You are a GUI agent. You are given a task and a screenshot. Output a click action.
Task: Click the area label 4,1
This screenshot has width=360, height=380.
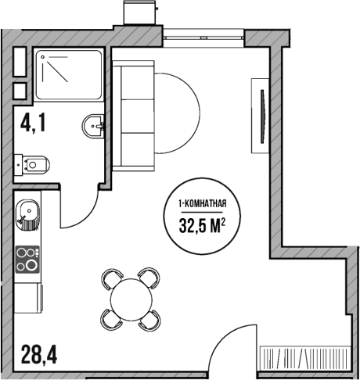pos(31,123)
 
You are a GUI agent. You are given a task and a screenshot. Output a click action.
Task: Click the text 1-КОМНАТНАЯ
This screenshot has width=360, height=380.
pos(203,205)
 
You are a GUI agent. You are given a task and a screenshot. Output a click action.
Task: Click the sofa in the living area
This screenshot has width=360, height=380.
pos(131,113)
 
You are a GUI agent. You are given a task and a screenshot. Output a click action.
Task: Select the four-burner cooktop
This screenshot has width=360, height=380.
pos(28,259)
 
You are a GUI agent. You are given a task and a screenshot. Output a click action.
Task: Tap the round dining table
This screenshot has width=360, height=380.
pos(131,298)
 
